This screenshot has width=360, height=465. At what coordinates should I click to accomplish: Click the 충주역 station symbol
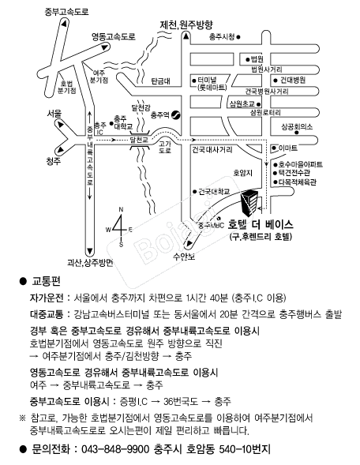[175, 114]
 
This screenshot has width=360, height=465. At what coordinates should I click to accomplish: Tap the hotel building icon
[250, 203]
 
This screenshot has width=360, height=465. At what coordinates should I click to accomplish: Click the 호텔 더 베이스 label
[261, 225]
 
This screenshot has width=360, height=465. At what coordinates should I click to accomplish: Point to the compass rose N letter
[121, 210]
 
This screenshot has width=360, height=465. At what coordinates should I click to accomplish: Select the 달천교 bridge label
[139, 140]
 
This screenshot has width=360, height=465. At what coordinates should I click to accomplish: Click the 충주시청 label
[222, 37]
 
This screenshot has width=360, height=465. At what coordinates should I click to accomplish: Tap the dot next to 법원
[248, 60]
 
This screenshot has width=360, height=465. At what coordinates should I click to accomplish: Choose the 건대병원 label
[293, 80]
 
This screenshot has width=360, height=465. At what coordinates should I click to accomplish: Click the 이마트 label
[287, 148]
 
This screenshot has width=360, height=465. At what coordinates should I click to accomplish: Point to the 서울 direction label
[54, 114]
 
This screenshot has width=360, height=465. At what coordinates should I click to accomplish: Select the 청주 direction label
[54, 161]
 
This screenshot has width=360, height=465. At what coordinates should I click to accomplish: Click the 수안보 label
[184, 257]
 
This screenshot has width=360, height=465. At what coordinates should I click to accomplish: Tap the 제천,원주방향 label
[186, 25]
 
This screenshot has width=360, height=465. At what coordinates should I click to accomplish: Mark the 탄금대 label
[161, 81]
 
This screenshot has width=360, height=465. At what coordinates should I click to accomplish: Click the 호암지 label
[243, 173]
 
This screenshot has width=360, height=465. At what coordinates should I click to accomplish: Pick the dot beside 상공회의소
[297, 133]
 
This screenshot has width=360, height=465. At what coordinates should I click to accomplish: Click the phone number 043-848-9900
[115, 449]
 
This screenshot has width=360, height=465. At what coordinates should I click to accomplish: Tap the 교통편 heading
[46, 281]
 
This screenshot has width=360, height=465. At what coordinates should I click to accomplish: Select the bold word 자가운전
[47, 298]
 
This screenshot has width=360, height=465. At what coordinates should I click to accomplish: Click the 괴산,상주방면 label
[91, 262]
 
